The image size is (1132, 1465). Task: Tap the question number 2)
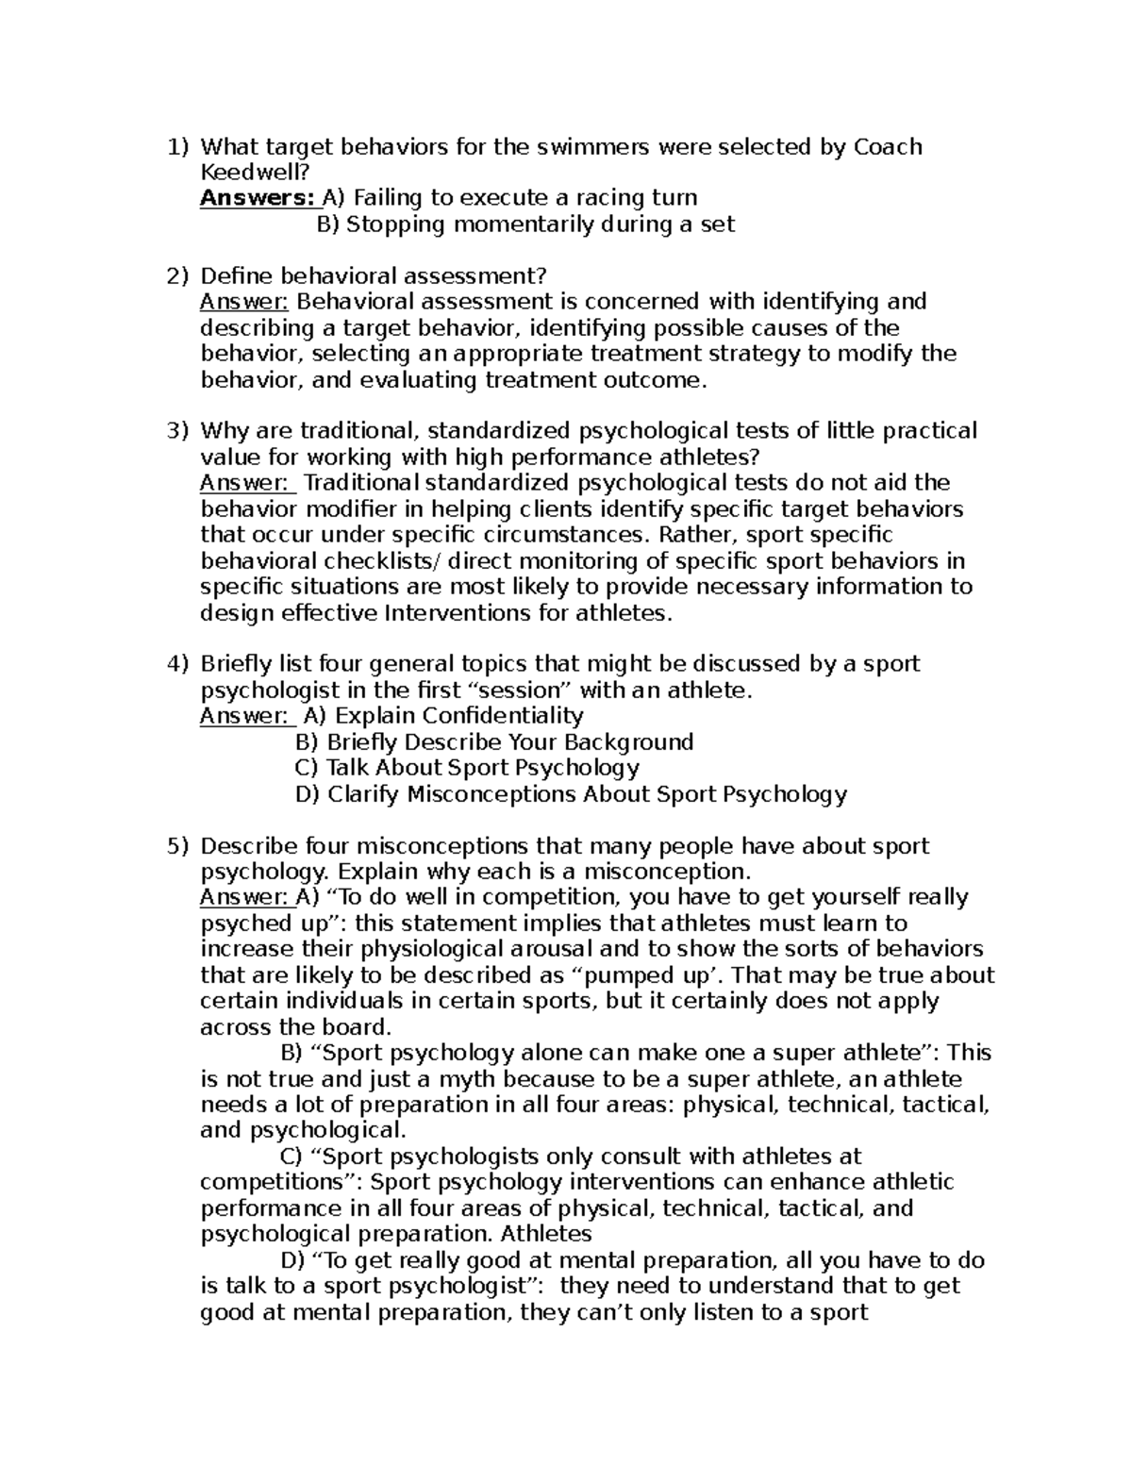pos(177,276)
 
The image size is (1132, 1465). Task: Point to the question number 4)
pos(177,664)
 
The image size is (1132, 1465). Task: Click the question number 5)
pos(177,846)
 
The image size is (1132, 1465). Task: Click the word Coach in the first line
pos(888,147)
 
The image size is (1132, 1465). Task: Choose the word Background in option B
pos(631,742)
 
